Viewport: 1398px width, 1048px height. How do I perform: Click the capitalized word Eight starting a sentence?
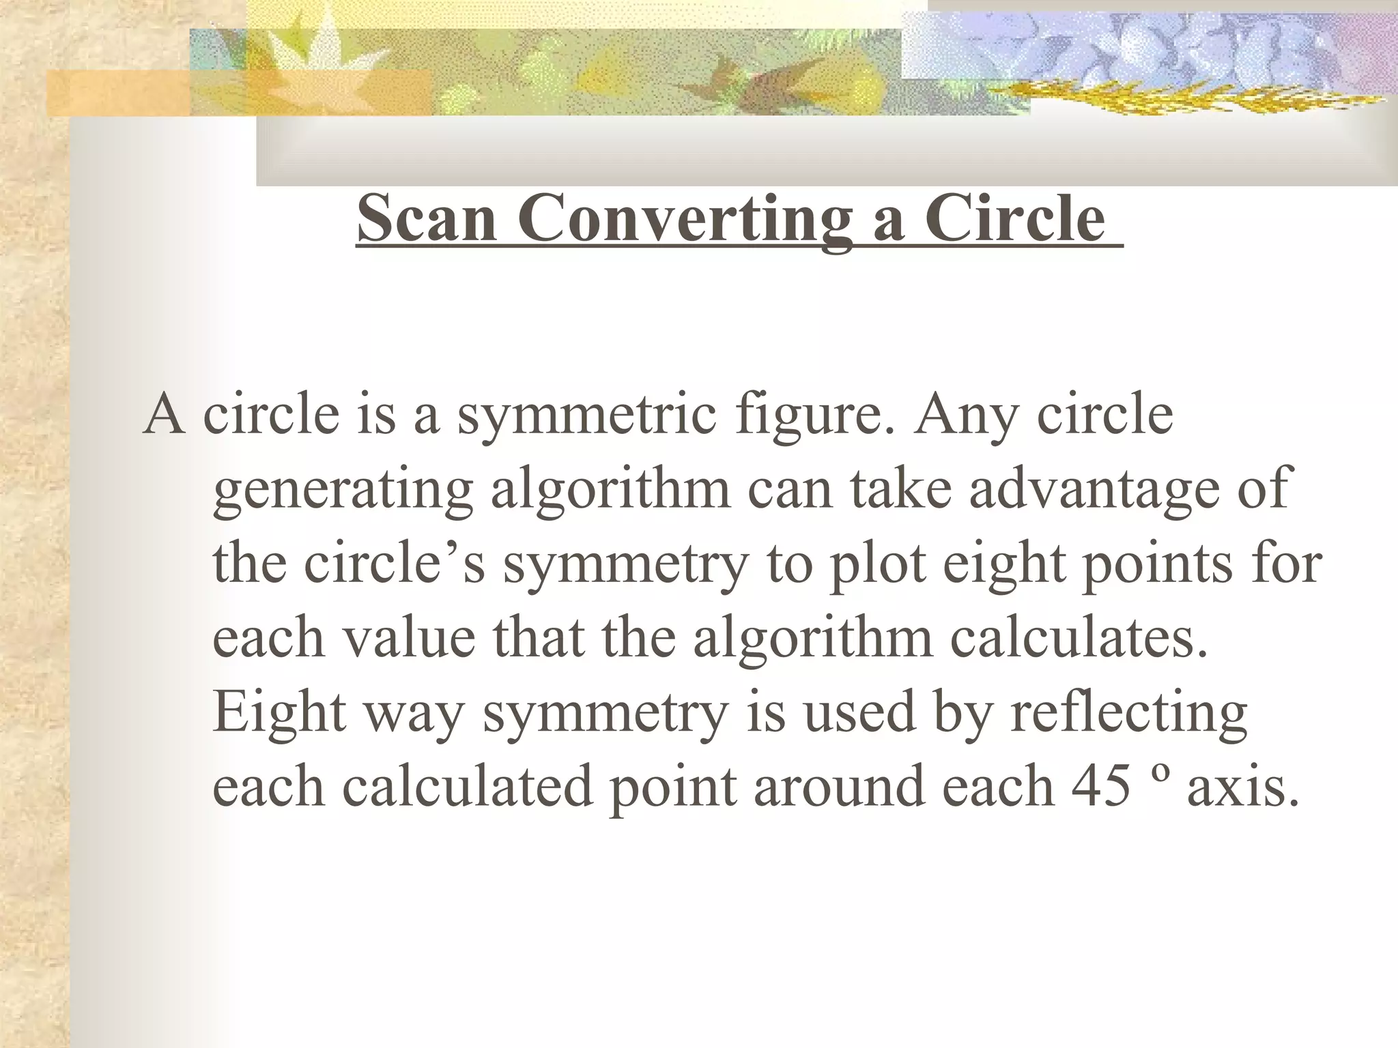[279, 712]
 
